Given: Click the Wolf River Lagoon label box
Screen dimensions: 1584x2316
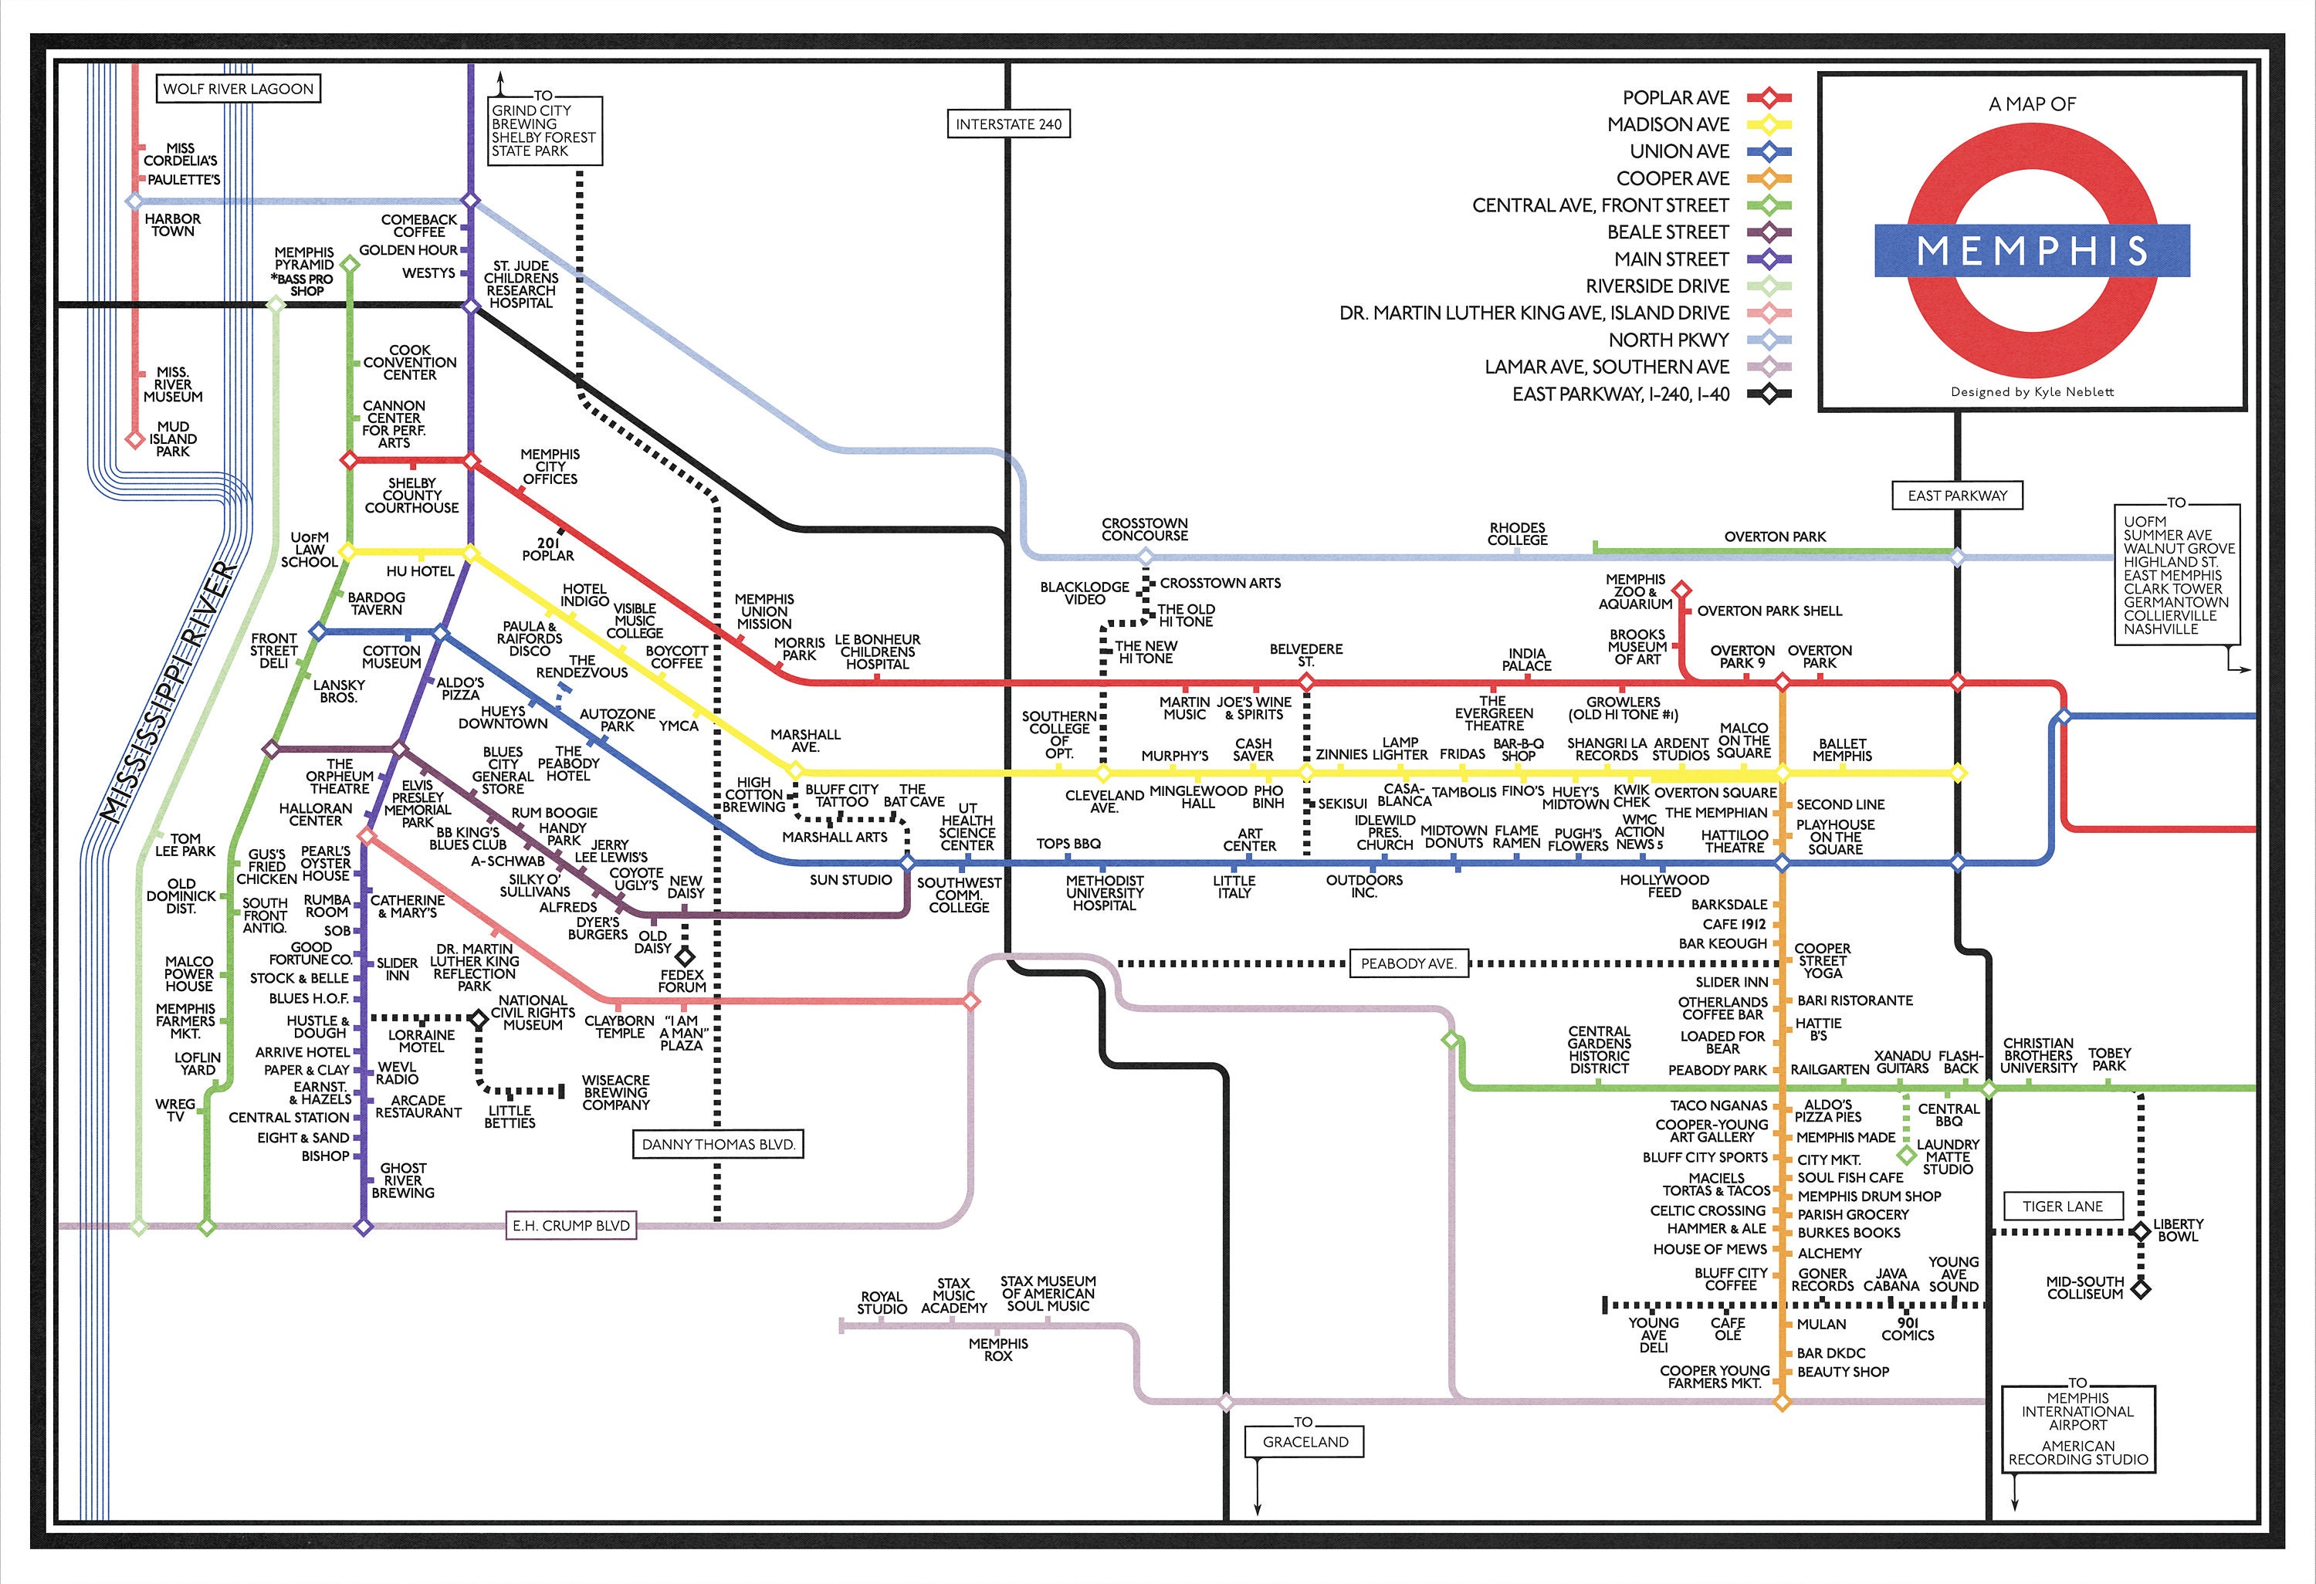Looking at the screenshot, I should pyautogui.click(x=239, y=89).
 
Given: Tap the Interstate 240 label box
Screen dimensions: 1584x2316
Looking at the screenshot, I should pyautogui.click(x=1007, y=124).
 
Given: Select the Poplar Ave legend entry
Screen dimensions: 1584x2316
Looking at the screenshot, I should pyautogui.click(x=1675, y=97).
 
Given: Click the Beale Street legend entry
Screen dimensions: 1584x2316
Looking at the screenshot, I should pyautogui.click(x=1668, y=232).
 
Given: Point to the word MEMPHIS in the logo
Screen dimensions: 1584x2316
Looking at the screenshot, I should pyautogui.click(x=2032, y=250).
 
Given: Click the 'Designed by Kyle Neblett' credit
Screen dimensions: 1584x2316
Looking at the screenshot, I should pyautogui.click(x=2031, y=391).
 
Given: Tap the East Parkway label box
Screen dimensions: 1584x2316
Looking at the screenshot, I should pyautogui.click(x=1957, y=495).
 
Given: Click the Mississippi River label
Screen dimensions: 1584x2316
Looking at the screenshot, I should pyautogui.click(x=169, y=692).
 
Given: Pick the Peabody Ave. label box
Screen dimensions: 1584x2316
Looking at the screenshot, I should pyautogui.click(x=1408, y=963).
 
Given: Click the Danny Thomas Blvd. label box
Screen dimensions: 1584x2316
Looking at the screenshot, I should pyautogui.click(x=717, y=1144).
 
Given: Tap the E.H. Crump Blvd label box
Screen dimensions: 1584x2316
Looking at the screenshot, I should pyautogui.click(x=571, y=1225).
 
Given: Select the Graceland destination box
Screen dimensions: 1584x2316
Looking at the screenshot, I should pyautogui.click(x=1305, y=1441).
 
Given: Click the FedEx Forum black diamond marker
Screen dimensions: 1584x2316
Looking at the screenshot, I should pyautogui.click(x=685, y=956).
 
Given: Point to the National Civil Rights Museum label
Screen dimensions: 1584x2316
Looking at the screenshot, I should pyautogui.click(x=533, y=1012).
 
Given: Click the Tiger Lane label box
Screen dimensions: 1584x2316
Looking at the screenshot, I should pyautogui.click(x=2062, y=1206).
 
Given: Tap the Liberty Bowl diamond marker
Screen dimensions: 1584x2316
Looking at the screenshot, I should pyautogui.click(x=2140, y=1231).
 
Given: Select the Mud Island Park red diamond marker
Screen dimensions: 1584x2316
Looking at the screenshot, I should pyautogui.click(x=134, y=439).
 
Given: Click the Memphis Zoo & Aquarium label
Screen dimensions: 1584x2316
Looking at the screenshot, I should pyautogui.click(x=1634, y=592).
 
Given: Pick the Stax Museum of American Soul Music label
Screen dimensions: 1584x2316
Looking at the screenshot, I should pyautogui.click(x=1048, y=1293).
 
